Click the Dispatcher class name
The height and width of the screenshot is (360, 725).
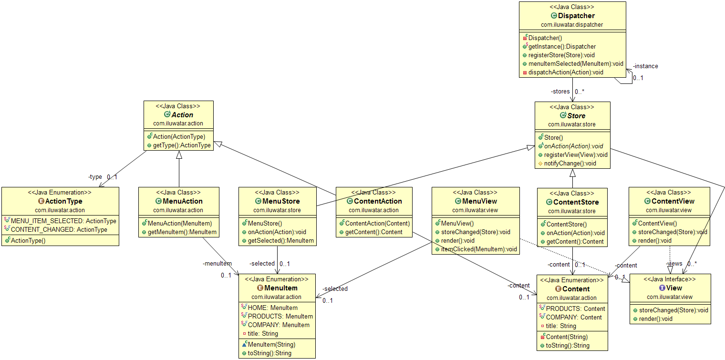click(x=576, y=16)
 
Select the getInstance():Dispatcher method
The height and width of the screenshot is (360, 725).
click(x=555, y=46)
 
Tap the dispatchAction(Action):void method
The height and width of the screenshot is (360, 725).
click(x=566, y=72)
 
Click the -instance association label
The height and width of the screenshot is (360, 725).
click(x=645, y=66)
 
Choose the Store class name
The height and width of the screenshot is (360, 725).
click(x=576, y=116)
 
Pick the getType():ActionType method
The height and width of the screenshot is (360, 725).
click(x=182, y=145)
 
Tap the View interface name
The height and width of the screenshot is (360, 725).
click(x=674, y=288)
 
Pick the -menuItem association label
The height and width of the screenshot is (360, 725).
click(x=217, y=263)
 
